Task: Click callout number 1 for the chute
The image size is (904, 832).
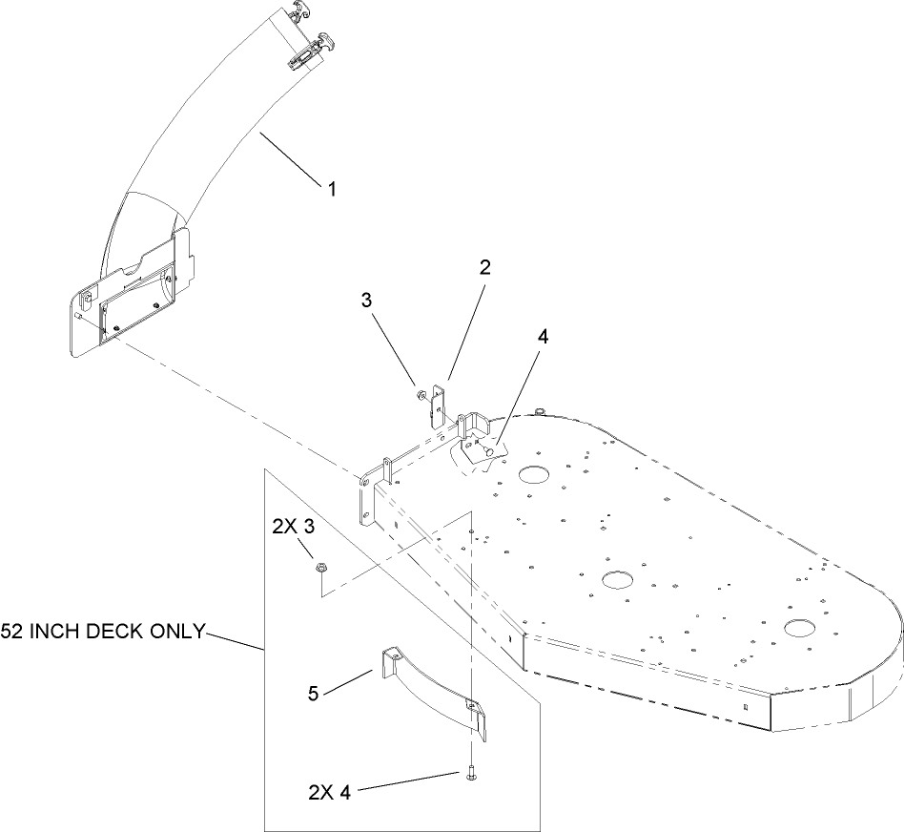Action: (x=332, y=190)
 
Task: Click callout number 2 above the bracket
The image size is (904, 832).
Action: (x=484, y=269)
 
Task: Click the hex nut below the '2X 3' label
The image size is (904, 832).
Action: (x=323, y=570)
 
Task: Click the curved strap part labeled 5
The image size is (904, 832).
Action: (x=429, y=683)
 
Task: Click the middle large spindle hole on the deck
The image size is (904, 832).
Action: (x=617, y=578)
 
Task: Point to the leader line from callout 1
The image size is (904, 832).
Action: (x=290, y=157)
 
